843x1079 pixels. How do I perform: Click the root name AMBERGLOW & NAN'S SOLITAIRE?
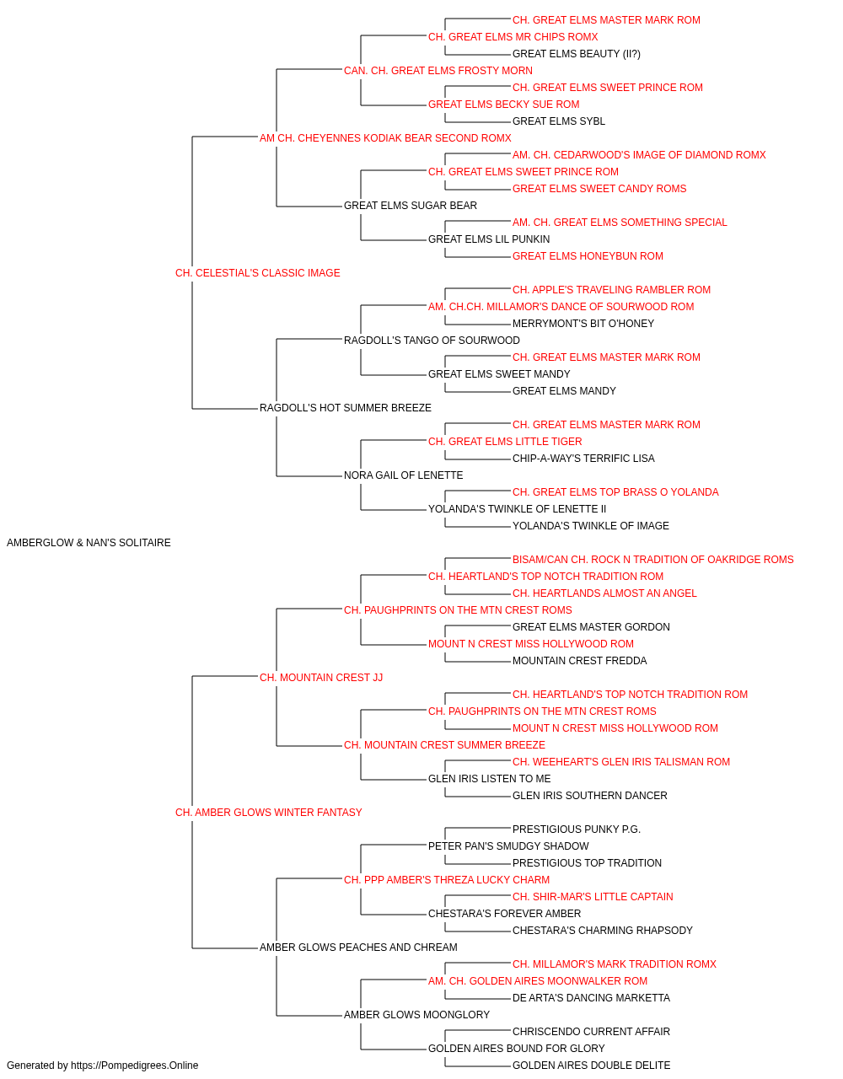[x=89, y=543]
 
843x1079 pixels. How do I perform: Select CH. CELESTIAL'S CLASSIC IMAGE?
[x=258, y=273]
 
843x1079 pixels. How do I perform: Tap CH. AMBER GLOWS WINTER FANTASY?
[x=269, y=813]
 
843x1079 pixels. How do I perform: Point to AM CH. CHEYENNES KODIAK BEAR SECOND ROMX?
[x=385, y=138]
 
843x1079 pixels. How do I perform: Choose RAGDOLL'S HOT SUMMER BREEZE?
[x=346, y=408]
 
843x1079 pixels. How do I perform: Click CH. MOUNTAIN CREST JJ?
[x=321, y=678]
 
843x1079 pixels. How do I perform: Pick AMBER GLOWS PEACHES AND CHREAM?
[x=358, y=947]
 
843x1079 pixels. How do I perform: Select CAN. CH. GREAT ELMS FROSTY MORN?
[x=438, y=71]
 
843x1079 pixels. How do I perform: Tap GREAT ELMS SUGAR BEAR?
[x=411, y=206]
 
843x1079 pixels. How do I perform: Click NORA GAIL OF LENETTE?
[x=404, y=475]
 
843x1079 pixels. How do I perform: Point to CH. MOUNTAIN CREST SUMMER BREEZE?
[x=445, y=745]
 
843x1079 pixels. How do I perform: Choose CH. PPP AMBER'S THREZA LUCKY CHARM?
[x=447, y=880]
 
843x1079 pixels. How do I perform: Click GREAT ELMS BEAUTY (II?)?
[x=577, y=54]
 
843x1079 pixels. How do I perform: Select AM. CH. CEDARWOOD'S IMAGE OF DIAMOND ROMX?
[x=639, y=155]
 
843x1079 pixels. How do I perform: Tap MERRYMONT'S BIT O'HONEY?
[x=583, y=323]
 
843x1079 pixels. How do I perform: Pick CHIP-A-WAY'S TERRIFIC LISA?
[x=583, y=459]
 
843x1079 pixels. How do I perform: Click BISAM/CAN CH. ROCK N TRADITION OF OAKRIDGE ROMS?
[x=652, y=560]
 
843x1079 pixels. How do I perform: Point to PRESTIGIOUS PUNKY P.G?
[x=577, y=829]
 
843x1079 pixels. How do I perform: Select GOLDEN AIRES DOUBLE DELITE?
[x=591, y=1066]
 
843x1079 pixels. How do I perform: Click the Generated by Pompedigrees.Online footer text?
[x=102, y=1066]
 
